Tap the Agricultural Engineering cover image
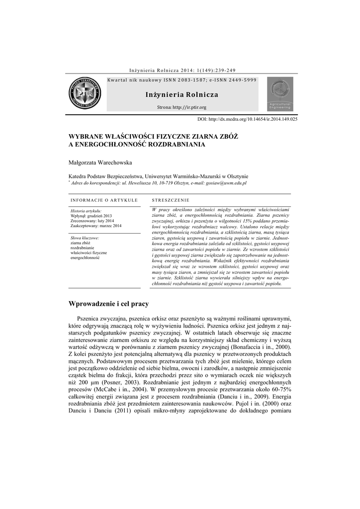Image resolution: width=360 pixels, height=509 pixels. click(280, 94)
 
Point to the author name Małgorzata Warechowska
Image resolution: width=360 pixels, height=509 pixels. click(99, 162)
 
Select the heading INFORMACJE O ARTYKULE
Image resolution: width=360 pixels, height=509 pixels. click(104, 200)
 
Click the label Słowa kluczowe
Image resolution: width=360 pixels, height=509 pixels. click(85, 238)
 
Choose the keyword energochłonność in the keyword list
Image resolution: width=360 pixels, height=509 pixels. click(85, 258)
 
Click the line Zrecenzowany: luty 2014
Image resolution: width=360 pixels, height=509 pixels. click(92, 221)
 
